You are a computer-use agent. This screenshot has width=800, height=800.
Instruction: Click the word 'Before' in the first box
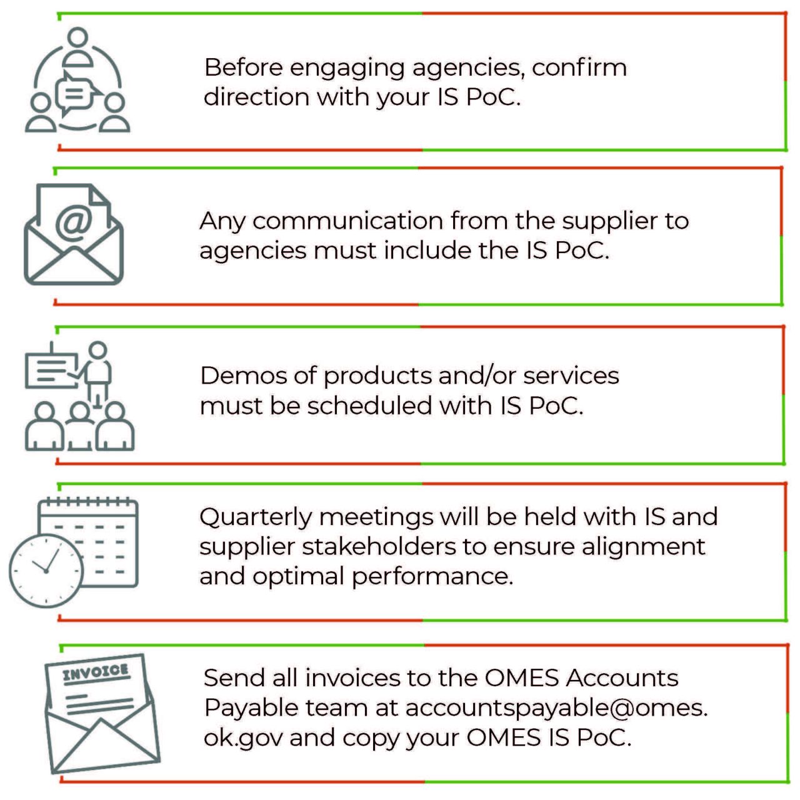pyautogui.click(x=243, y=67)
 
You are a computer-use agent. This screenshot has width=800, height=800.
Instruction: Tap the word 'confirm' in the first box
pyautogui.click(x=579, y=67)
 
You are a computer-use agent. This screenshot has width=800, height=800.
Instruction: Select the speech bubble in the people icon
pyautogui.click(x=76, y=94)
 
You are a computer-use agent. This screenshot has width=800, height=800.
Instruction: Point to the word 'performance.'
pyautogui.click(x=432, y=577)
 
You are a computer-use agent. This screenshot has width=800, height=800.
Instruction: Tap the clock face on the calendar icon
pyautogui.click(x=46, y=571)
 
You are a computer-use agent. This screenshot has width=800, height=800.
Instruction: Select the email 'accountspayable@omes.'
pyautogui.click(x=556, y=709)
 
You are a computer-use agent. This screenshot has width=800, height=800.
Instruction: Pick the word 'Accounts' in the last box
pyautogui.click(x=622, y=678)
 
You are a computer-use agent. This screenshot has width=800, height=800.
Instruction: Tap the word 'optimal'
pyautogui.click(x=297, y=577)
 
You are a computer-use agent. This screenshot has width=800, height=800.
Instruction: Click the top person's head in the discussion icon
pyautogui.click(x=77, y=37)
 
